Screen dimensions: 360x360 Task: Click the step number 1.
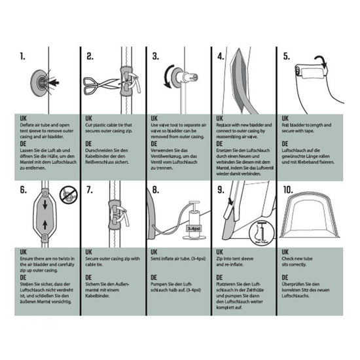[x=24, y=56]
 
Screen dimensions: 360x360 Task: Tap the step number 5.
[x=286, y=56]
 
